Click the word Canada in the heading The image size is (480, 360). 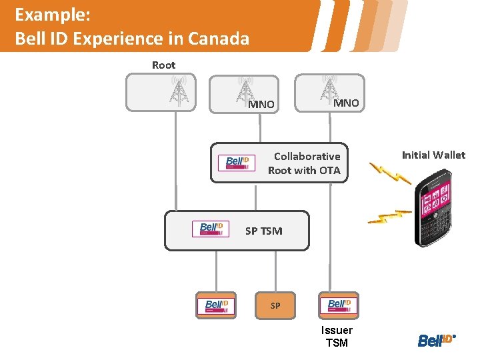[x=219, y=38]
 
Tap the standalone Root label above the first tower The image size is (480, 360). [x=163, y=65]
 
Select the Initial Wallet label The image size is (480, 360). [x=433, y=155]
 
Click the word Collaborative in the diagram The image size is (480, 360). [x=307, y=156]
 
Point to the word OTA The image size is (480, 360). [x=329, y=171]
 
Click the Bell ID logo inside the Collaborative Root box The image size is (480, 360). [x=237, y=162]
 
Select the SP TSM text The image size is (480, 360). [x=263, y=231]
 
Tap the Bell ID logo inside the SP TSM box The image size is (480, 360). [x=211, y=229]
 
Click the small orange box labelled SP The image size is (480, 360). [x=275, y=305]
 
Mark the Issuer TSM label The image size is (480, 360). [x=337, y=337]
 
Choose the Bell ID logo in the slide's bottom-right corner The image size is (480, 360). [x=436, y=340]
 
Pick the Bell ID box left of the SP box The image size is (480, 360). [x=216, y=305]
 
